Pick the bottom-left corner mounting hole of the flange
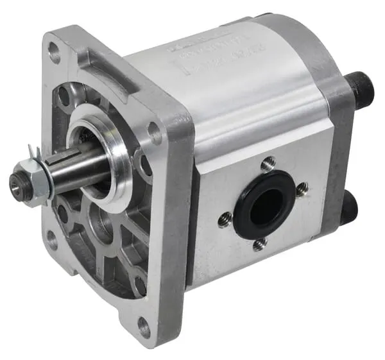tap(51, 240)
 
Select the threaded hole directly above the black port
tap(268, 163)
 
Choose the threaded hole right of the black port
tap(302, 189)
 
